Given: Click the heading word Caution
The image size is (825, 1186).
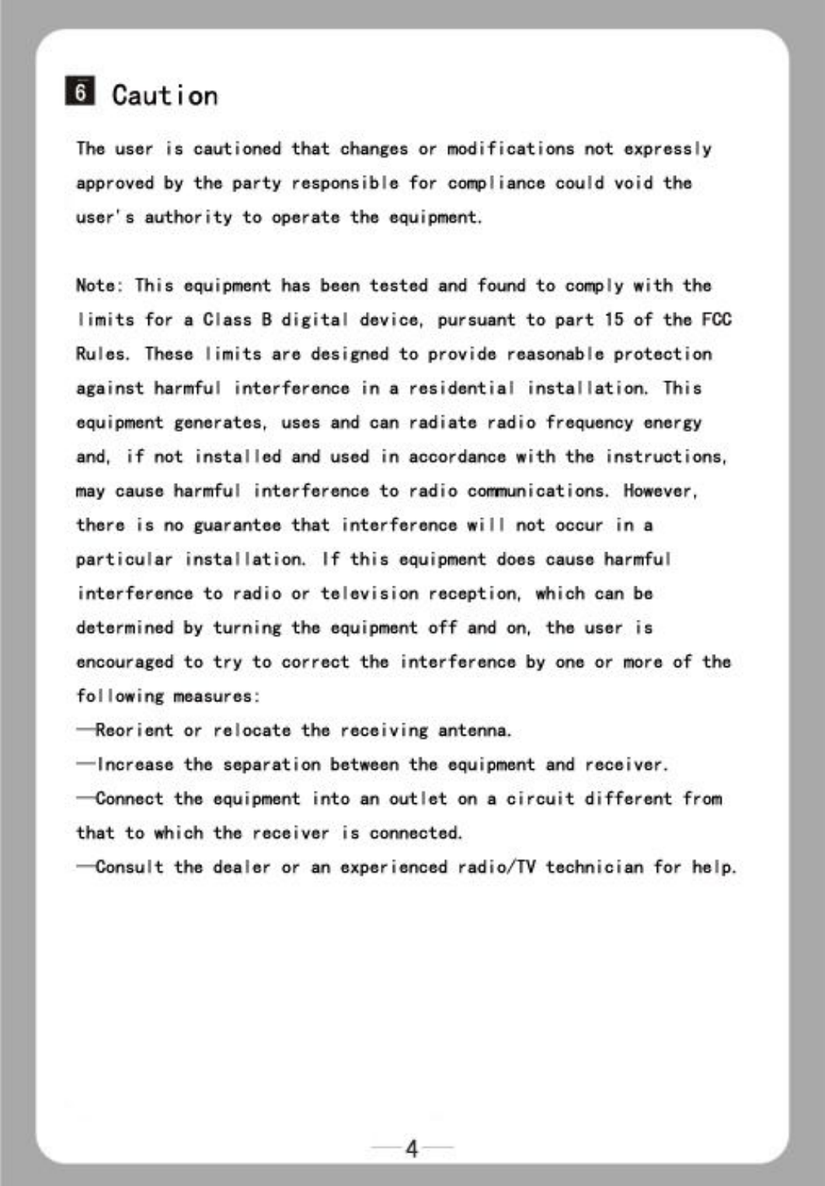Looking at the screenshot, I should [165, 96].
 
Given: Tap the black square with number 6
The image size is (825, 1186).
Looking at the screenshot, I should [80, 92].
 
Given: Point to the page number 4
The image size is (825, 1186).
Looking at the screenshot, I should [412, 1148].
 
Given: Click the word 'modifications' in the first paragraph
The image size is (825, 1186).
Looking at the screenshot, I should [510, 148].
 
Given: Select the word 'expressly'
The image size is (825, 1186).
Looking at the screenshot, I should [667, 149].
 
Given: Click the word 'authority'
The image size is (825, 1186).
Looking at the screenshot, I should [188, 217].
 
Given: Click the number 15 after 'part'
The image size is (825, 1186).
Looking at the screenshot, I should [614, 319].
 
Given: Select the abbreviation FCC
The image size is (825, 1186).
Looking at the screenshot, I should [716, 319].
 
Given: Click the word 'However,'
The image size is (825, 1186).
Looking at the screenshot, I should [660, 491].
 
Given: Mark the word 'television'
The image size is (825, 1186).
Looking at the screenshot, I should [369, 594].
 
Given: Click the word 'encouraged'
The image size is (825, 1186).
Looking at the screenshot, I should [124, 663].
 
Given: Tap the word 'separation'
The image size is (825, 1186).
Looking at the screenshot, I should [271, 765].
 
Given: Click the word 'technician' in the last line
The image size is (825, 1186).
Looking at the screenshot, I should [594, 867].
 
